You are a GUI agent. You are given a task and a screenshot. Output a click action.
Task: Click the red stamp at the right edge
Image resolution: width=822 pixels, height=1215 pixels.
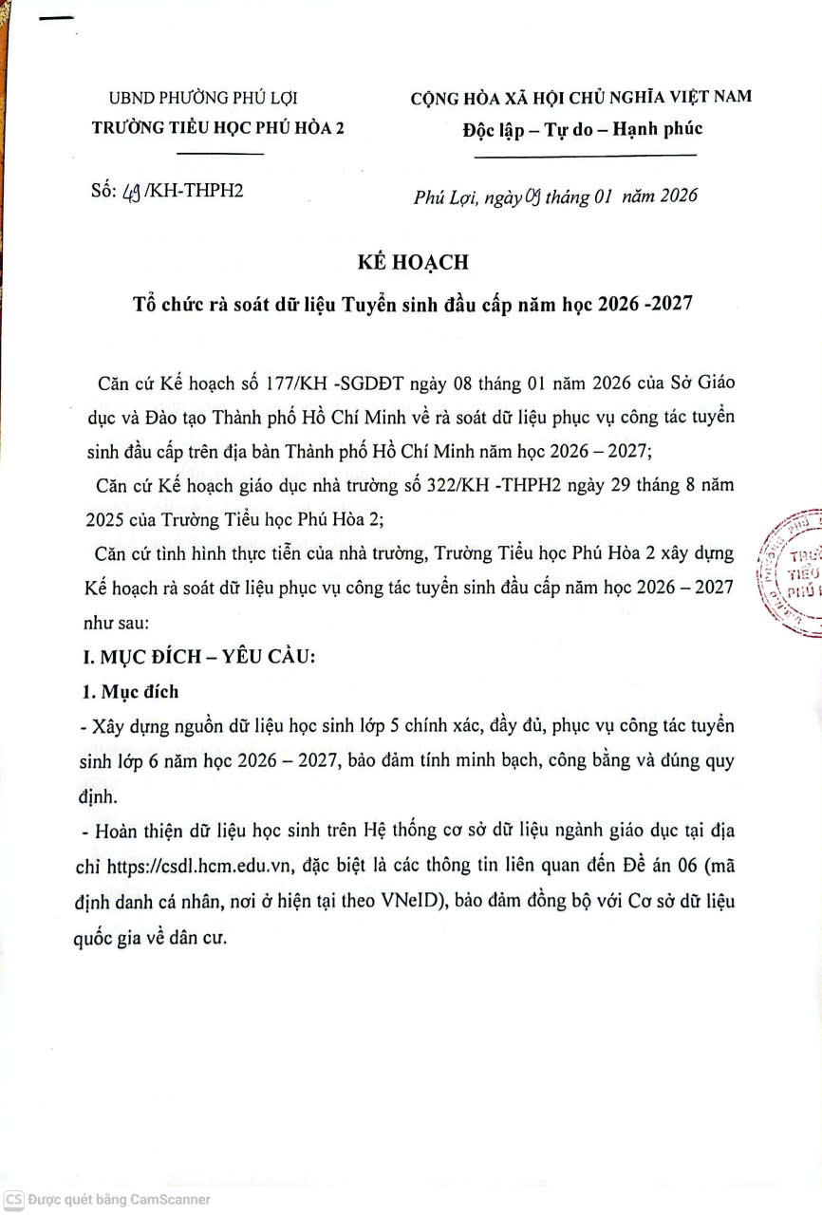click(794, 573)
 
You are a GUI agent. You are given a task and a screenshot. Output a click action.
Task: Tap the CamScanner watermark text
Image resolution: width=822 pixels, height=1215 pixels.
click(119, 1200)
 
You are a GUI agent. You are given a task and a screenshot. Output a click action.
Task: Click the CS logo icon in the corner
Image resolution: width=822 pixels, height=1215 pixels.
click(13, 1200)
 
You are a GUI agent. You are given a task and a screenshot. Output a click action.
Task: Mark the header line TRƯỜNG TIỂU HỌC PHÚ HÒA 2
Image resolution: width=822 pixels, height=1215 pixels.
click(217, 129)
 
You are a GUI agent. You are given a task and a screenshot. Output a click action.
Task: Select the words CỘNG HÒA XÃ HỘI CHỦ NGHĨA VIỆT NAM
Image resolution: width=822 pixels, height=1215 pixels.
click(580, 97)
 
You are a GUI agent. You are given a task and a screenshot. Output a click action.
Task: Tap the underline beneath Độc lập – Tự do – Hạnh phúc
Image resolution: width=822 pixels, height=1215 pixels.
click(585, 156)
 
